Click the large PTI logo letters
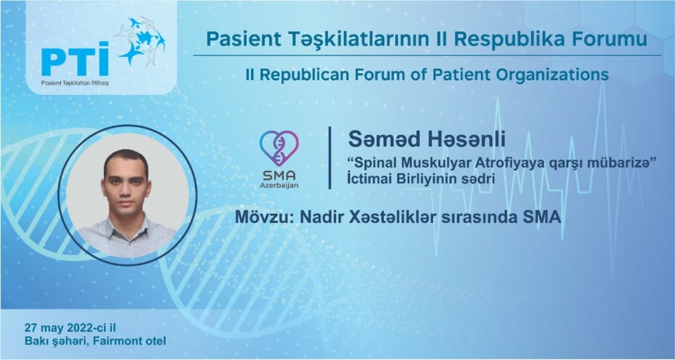pos(75,59)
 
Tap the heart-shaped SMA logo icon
pos(279,148)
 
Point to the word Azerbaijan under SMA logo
pos(279,186)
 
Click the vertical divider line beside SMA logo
pos(330,157)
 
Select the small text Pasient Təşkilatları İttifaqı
pos(75,83)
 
